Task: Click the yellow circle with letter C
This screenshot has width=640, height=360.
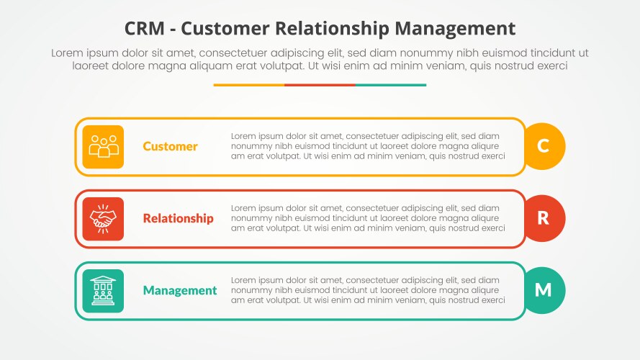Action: point(544,146)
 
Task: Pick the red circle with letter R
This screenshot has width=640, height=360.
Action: point(544,218)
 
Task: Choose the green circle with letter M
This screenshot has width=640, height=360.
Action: point(544,290)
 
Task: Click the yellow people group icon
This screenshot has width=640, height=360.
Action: point(103,146)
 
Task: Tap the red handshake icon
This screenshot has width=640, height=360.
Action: point(103,218)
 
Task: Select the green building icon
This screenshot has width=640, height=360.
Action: point(103,290)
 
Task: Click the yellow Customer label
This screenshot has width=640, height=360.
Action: point(170,146)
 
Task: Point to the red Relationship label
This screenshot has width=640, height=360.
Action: point(178,218)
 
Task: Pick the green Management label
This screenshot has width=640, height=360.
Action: point(179,291)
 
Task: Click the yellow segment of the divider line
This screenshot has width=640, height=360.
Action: point(248,85)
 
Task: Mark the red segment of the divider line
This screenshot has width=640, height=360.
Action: point(320,85)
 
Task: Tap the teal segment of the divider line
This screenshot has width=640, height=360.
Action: point(390,85)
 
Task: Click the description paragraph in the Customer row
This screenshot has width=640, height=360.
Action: point(368,146)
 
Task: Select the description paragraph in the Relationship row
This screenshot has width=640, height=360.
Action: point(368,218)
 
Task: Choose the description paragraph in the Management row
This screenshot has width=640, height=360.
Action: point(368,290)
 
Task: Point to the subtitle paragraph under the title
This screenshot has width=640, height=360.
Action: point(320,59)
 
